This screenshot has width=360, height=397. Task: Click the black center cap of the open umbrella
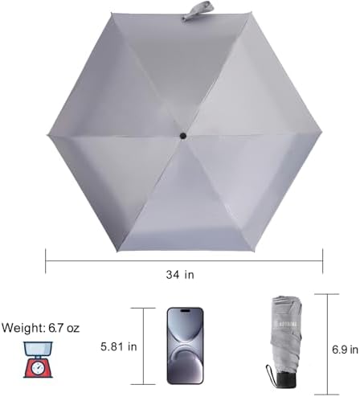(x=183, y=136)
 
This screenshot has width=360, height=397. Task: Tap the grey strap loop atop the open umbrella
(x=198, y=11)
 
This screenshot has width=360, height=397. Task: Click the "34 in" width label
(x=180, y=275)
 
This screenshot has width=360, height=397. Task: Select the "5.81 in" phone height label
(x=119, y=346)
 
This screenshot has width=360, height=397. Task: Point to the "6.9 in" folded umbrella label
(x=345, y=350)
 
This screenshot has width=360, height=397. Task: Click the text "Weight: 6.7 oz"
(x=41, y=328)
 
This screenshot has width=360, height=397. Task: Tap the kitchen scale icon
(x=38, y=359)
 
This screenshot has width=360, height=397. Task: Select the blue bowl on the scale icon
(x=38, y=349)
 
